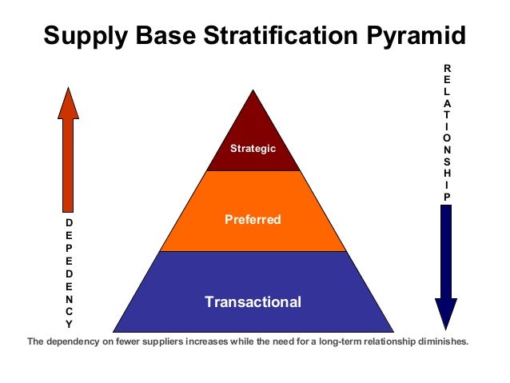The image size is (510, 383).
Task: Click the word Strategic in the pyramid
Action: tap(253, 148)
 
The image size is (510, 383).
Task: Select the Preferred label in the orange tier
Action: tap(253, 218)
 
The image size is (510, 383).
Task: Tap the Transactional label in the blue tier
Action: tap(253, 301)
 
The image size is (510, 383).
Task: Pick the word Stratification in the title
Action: tap(273, 37)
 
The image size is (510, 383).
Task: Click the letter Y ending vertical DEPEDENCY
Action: tap(69, 324)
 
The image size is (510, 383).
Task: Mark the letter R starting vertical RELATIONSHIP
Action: tap(446, 69)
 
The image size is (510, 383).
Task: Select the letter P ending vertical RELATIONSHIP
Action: tap(448, 197)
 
